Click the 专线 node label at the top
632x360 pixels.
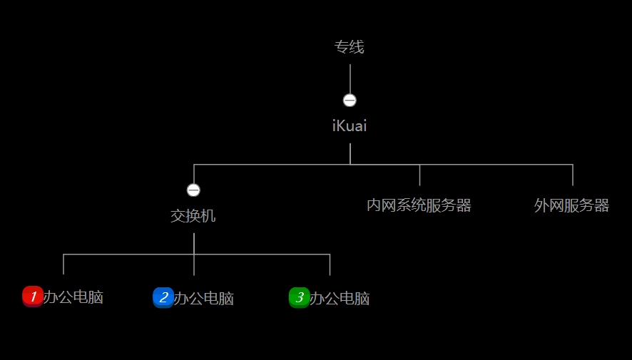pyautogui.click(x=350, y=47)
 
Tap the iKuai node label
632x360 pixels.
pyautogui.click(x=350, y=126)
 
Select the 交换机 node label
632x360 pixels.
pyautogui.click(x=193, y=216)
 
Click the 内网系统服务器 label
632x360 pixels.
pyautogui.click(x=419, y=206)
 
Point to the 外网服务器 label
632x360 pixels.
pyautogui.click(x=571, y=206)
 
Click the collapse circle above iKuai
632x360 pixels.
pyautogui.click(x=350, y=101)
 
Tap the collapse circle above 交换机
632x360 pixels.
pyautogui.click(x=193, y=190)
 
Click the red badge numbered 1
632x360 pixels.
pyautogui.click(x=33, y=296)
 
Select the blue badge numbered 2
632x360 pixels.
pyautogui.click(x=163, y=297)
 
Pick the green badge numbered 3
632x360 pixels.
pyautogui.click(x=300, y=297)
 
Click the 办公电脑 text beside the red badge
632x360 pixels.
pyautogui.click(x=73, y=298)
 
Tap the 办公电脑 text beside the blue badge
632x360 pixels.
pyautogui.click(x=204, y=299)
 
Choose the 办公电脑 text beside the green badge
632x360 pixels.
pyautogui.click(x=340, y=299)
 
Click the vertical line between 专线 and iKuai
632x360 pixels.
pyautogui.click(x=350, y=78)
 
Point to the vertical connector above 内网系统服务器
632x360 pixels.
pyautogui.click(x=419, y=175)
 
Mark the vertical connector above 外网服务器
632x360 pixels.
pyautogui.click(x=572, y=175)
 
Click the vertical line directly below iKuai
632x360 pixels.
pyautogui.click(x=350, y=153)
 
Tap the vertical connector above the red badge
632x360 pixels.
pyautogui.click(x=63, y=264)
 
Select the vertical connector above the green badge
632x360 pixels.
pyautogui.click(x=330, y=264)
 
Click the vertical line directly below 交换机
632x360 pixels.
pyautogui.click(x=194, y=243)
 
